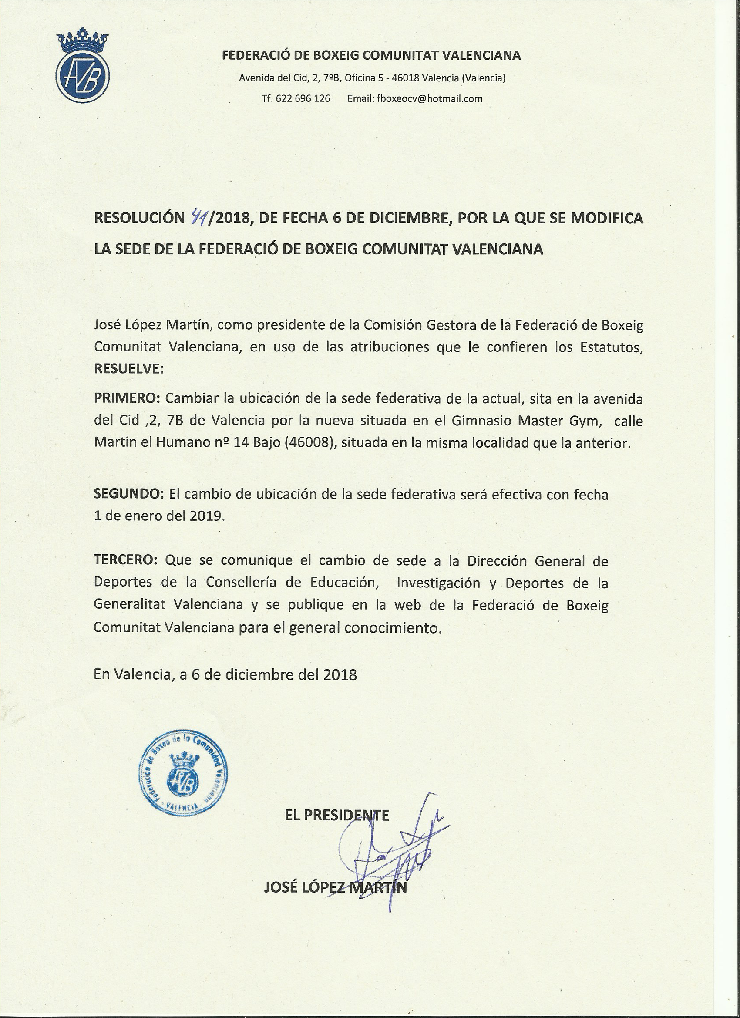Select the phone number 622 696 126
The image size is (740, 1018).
tap(303, 99)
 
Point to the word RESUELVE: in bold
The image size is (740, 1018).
tap(129, 369)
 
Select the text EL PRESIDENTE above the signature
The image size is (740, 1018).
tap(337, 815)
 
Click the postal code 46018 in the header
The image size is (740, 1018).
tap(406, 78)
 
